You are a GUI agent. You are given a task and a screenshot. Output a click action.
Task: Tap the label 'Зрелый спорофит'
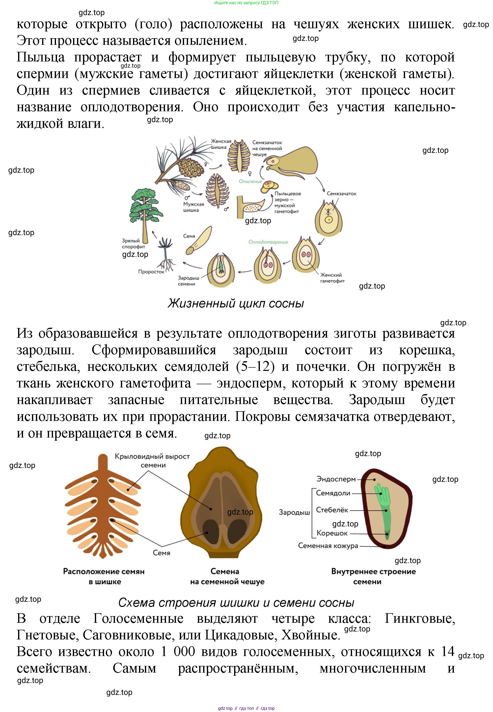tap(133, 244)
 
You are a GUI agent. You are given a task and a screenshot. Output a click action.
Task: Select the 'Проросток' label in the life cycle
tap(151, 272)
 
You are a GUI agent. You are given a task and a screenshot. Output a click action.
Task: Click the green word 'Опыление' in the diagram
tap(250, 181)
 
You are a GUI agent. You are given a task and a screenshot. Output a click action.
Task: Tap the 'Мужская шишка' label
tap(193, 207)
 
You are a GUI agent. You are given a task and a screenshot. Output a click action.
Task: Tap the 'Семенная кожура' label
tap(328, 546)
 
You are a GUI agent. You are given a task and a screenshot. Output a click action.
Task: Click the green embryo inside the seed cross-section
tap(384, 507)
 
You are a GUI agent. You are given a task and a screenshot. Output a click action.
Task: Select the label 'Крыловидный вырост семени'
tap(152, 461)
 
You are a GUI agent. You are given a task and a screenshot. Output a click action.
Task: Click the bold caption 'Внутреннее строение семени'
tap(373, 576)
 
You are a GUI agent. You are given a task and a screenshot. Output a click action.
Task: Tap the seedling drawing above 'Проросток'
tap(166, 253)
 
